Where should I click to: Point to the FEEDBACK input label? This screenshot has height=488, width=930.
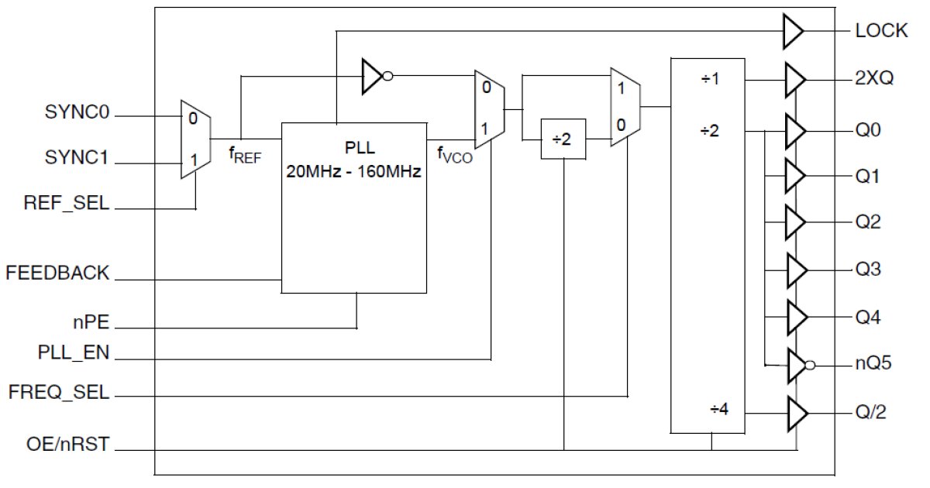(57, 273)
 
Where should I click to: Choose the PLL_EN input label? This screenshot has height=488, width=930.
(74, 354)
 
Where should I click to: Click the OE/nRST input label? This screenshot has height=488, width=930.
(67, 445)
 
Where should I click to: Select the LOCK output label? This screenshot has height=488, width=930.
(881, 32)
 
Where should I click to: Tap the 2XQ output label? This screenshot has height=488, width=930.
(875, 79)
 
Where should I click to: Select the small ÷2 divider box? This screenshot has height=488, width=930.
(563, 140)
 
